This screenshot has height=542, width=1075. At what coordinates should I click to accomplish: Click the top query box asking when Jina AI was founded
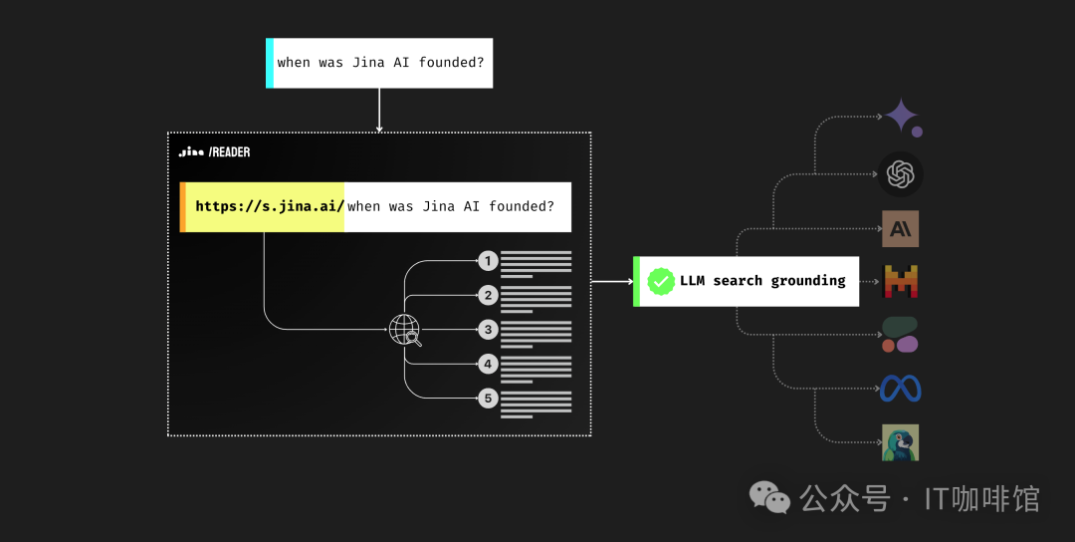pyautogui.click(x=379, y=63)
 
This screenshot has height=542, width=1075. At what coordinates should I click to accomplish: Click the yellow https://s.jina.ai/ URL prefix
pyautogui.click(x=269, y=206)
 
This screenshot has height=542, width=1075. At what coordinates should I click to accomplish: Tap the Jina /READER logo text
pyautogui.click(x=214, y=152)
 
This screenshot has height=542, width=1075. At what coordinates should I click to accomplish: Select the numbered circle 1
pyautogui.click(x=488, y=261)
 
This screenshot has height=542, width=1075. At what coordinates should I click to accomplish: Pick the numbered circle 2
pyautogui.click(x=488, y=296)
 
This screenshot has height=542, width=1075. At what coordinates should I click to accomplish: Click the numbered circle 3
pyautogui.click(x=488, y=330)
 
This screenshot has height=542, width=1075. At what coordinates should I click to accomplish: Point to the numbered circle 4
pyautogui.click(x=488, y=364)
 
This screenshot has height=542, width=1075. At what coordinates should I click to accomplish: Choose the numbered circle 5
pyautogui.click(x=488, y=398)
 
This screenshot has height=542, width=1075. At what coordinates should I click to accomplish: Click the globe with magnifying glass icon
pyautogui.click(x=405, y=330)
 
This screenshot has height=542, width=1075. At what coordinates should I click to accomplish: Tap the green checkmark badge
pyautogui.click(x=661, y=281)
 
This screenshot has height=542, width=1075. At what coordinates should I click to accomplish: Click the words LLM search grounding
pyautogui.click(x=762, y=281)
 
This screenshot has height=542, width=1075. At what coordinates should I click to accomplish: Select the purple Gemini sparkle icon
pyautogui.click(x=902, y=117)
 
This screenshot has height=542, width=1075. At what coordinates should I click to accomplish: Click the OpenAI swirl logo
pyautogui.click(x=900, y=174)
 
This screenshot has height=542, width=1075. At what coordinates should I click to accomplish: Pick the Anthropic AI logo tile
pyautogui.click(x=900, y=228)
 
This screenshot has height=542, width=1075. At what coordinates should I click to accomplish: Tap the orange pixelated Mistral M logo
pyautogui.click(x=900, y=281)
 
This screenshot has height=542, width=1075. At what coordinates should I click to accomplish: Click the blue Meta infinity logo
pyautogui.click(x=900, y=389)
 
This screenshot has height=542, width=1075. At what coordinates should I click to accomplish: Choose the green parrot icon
pyautogui.click(x=900, y=442)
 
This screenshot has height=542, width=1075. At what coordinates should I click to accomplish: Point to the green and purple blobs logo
pyautogui.click(x=900, y=335)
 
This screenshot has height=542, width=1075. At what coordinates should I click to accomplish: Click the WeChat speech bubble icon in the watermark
pyautogui.click(x=769, y=497)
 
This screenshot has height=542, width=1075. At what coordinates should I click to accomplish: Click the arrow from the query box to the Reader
pyautogui.click(x=379, y=110)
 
